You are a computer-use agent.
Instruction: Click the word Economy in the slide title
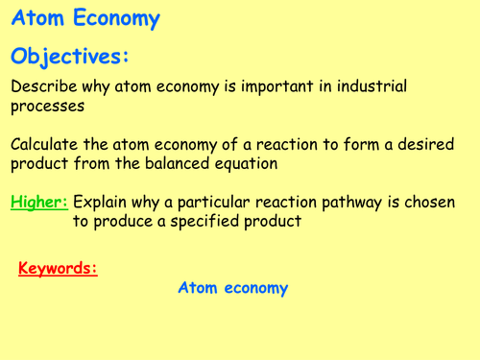[112, 19]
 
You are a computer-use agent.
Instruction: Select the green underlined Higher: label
[39, 203]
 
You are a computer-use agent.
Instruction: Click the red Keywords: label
[58, 268]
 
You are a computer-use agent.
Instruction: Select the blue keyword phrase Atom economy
[233, 288]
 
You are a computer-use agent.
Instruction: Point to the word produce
[121, 222]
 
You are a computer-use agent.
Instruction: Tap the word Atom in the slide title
[36, 19]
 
